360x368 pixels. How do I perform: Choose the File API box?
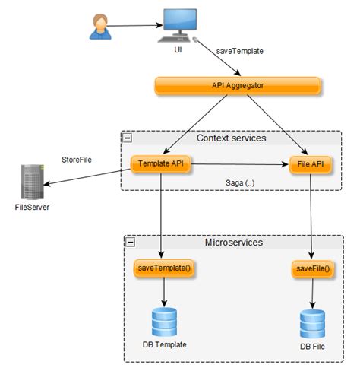coord(311,163)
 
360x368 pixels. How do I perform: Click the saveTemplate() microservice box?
coord(163,268)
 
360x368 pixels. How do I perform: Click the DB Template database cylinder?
coord(163,322)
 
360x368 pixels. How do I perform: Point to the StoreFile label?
coord(77,160)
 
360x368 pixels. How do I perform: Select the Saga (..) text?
coord(240,183)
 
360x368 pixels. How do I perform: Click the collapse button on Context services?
coord(128,138)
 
